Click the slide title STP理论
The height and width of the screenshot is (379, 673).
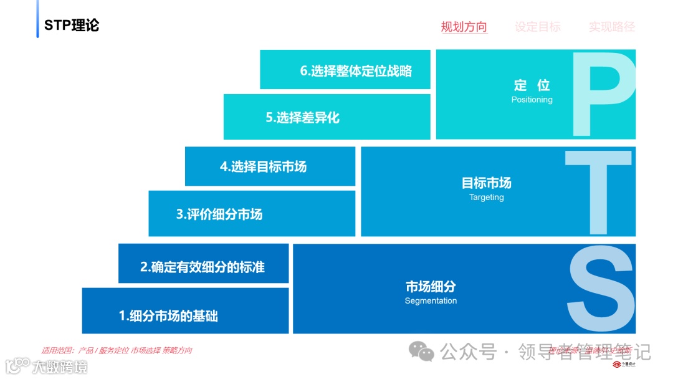[72, 26]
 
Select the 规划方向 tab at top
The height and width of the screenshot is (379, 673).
[464, 27]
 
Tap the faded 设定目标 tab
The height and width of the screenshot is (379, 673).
[537, 27]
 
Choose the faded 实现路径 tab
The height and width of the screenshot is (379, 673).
[611, 27]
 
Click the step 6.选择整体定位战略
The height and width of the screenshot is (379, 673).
[356, 71]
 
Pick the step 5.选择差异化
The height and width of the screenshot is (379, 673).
[302, 117]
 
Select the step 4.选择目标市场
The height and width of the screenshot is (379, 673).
[263, 166]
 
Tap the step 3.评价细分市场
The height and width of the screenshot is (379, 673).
[219, 214]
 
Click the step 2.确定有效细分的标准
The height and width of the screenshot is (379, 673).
[203, 267]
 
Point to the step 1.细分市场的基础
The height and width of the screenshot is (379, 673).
[168, 315]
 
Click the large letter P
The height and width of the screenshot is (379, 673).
[602, 94]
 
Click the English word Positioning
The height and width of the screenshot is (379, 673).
[532, 100]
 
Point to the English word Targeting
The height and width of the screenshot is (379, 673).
[486, 198]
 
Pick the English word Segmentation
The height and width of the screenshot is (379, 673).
[431, 301]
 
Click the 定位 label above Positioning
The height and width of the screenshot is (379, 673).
[532, 85]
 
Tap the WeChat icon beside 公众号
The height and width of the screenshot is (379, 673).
[422, 352]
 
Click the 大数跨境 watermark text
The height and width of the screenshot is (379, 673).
[60, 366]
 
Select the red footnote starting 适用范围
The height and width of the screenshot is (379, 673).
[117, 350]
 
